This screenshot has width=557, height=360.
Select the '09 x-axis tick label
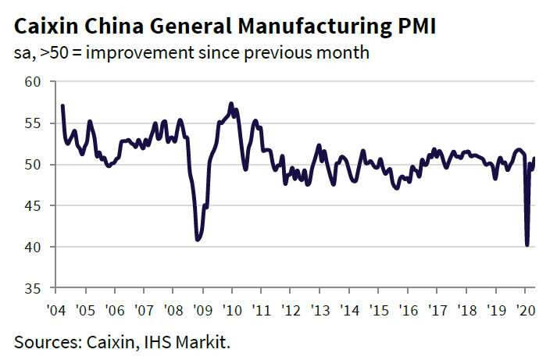203,310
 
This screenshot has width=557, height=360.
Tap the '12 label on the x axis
291,310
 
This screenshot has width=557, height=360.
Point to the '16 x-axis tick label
408,310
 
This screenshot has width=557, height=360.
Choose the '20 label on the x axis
525,310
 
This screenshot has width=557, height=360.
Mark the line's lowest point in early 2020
527,245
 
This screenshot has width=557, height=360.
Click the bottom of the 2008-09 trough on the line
198,240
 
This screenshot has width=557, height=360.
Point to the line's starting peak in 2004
62,105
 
